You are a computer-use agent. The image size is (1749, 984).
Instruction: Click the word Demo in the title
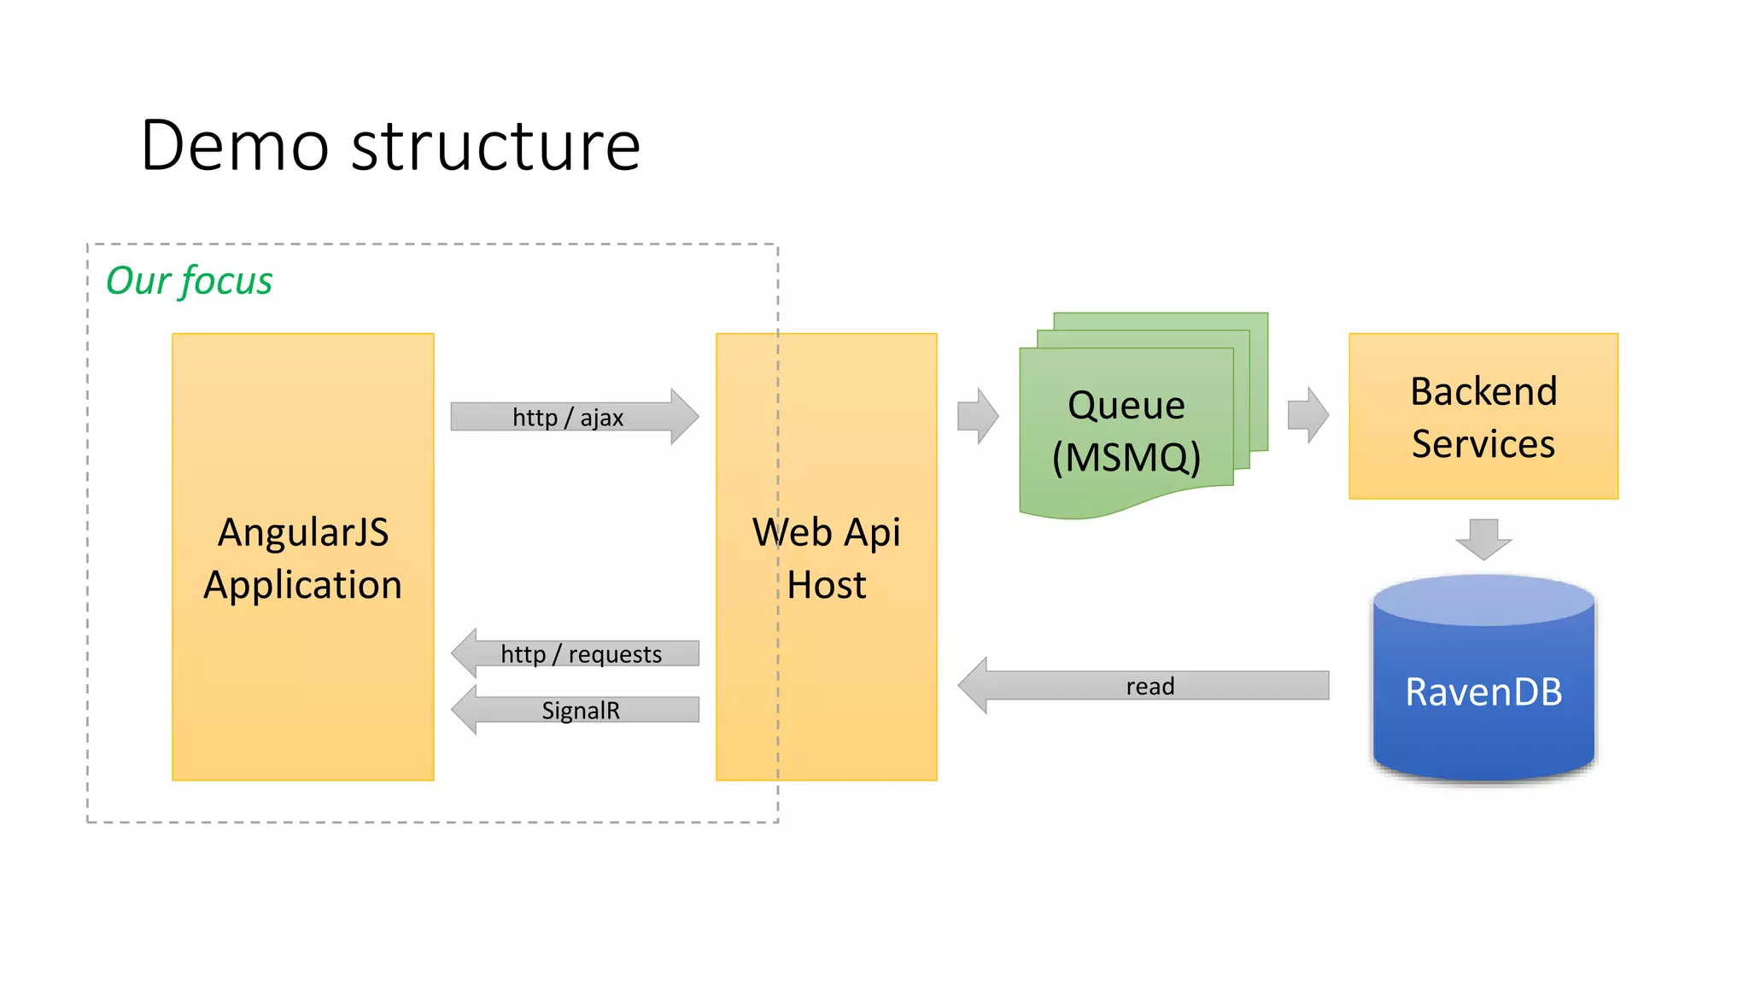tap(235, 146)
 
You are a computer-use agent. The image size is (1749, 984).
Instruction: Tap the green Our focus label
tap(189, 281)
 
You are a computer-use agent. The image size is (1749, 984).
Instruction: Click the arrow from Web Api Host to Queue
tap(977, 416)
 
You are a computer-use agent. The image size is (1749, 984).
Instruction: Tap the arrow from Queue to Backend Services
tap(1307, 415)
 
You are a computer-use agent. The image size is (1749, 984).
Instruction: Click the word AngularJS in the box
tap(303, 532)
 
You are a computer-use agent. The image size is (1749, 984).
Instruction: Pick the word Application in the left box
tap(302, 585)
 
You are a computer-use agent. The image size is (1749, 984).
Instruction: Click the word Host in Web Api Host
tap(826, 585)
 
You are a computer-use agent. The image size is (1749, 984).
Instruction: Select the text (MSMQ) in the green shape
tap(1126, 457)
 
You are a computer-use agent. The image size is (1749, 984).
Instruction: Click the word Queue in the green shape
tap(1126, 405)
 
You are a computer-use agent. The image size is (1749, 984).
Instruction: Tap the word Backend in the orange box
tap(1483, 391)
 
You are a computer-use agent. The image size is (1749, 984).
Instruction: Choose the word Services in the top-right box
tap(1483, 444)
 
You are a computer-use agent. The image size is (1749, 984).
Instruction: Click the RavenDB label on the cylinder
tap(1483, 692)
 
